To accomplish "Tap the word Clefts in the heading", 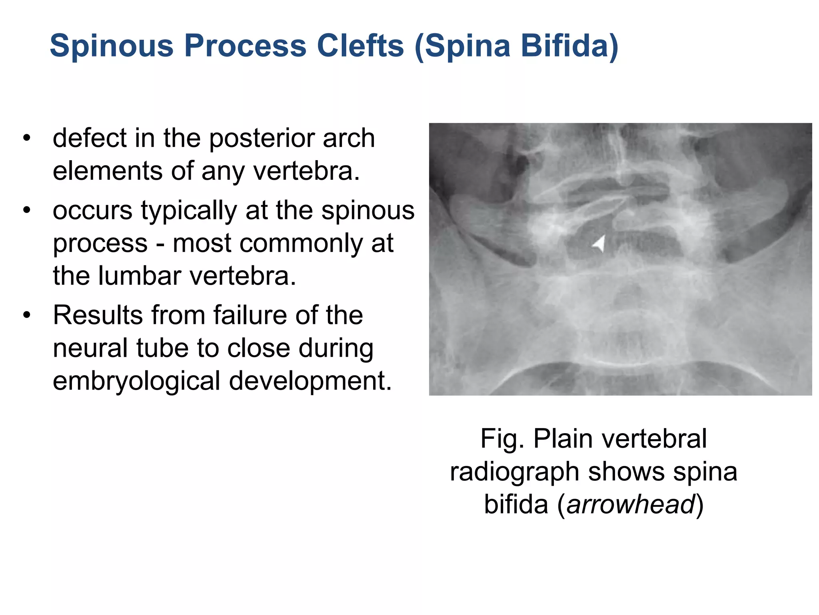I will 360,46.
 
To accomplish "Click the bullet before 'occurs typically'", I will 27,210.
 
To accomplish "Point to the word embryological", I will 136,381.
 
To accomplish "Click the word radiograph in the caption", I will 515,472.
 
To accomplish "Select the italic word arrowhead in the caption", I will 631,504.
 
